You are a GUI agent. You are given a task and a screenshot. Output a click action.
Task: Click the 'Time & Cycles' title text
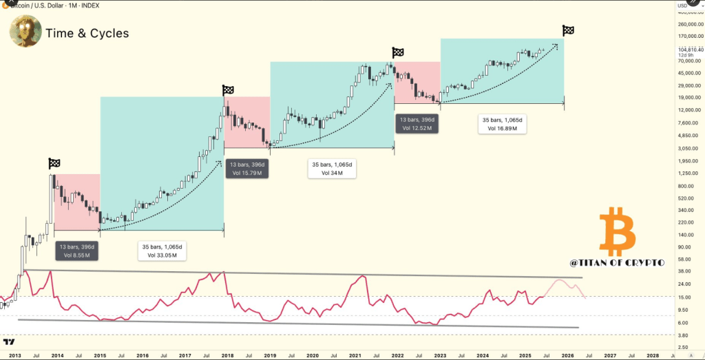(x=87, y=33)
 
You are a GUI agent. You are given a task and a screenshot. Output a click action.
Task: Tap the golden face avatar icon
(x=25, y=32)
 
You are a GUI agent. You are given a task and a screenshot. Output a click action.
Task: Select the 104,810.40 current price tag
(x=690, y=49)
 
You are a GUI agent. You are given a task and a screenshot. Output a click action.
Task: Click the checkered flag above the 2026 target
(x=568, y=30)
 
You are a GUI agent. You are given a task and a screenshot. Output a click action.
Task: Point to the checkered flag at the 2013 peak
(x=54, y=163)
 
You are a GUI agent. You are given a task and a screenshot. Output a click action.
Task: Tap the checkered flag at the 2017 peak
(x=228, y=90)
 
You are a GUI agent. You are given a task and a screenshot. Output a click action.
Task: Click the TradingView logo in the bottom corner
(x=10, y=342)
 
